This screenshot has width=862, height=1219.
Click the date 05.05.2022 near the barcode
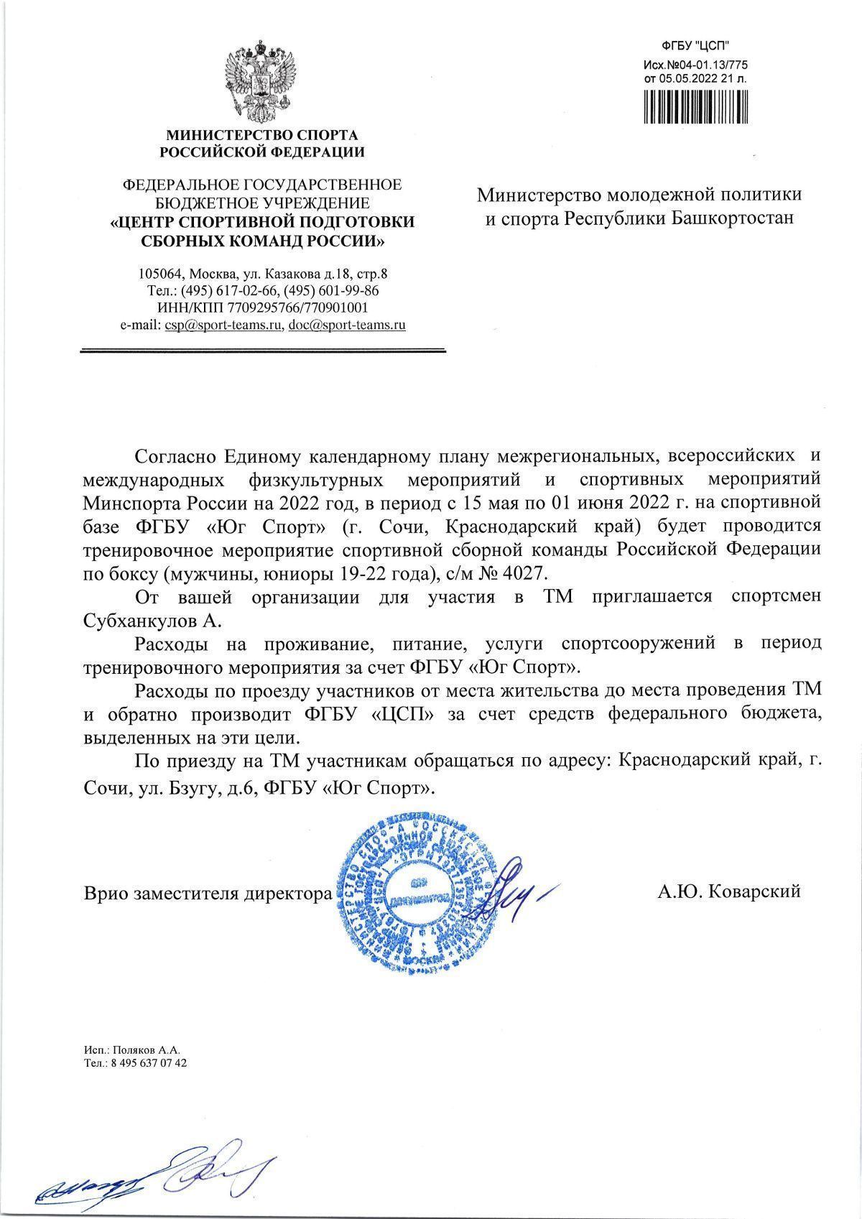point(685,78)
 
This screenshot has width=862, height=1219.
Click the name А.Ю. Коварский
point(728,891)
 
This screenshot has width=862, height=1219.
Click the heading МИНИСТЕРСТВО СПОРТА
point(261,135)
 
